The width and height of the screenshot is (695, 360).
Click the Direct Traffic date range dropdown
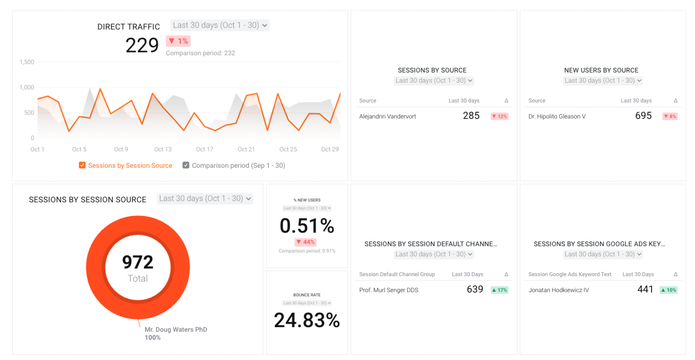pos(220,25)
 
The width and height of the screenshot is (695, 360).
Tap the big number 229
pos(142,45)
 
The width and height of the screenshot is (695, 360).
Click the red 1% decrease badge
pos(178,41)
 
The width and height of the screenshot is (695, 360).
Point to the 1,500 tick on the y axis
pos(27,62)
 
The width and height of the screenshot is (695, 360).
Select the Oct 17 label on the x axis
pos(205,149)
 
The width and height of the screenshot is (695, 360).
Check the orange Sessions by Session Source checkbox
pos(82,166)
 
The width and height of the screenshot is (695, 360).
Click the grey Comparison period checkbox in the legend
pos(186,166)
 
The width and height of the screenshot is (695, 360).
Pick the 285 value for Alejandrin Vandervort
pos(471,116)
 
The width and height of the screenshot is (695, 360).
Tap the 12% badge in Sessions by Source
pos(500,116)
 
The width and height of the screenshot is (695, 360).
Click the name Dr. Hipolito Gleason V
pos(557,116)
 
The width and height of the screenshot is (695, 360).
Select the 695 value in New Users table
pos(643,116)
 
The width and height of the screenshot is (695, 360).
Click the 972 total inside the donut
pos(138,262)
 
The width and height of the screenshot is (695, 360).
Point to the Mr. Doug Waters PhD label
pos(176,330)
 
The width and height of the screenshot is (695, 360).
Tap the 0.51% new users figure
pos(307,226)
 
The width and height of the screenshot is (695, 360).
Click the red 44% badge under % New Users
pos(305,242)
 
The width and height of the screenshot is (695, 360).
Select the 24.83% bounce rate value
pos(307,320)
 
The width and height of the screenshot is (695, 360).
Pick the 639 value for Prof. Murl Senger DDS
pos(475,289)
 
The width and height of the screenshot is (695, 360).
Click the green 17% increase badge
pos(500,290)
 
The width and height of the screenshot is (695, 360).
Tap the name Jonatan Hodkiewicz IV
pos(559,290)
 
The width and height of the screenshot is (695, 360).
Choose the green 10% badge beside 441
pos(668,290)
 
